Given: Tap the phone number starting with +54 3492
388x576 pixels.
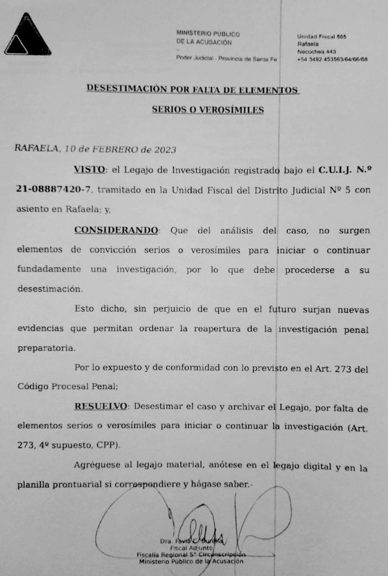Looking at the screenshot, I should click(332, 59).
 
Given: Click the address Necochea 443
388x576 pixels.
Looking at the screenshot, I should click(316, 52).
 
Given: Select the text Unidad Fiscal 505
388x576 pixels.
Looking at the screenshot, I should click(322, 37).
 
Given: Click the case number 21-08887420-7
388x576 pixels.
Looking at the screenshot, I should click(51, 190).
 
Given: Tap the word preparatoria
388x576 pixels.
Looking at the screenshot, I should click(44, 348).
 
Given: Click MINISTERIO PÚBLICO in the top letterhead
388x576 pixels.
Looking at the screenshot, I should click(208, 33).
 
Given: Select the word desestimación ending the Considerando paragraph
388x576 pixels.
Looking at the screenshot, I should click(50, 289).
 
